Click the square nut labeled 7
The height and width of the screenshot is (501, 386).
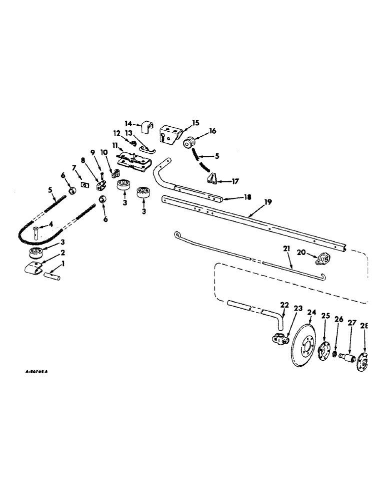[x=84, y=185]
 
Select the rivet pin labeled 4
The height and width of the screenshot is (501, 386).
[x=37, y=231]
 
